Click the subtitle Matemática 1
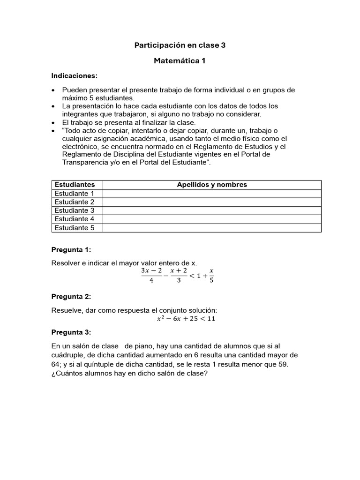[180, 61]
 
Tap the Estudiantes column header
[75, 185]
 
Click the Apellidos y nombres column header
[212, 185]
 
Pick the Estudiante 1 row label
[75, 193]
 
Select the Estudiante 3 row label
[75, 210]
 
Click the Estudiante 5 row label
[75, 228]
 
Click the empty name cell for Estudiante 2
[212, 202]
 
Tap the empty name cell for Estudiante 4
[212, 219]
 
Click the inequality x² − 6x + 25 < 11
[186, 319]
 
